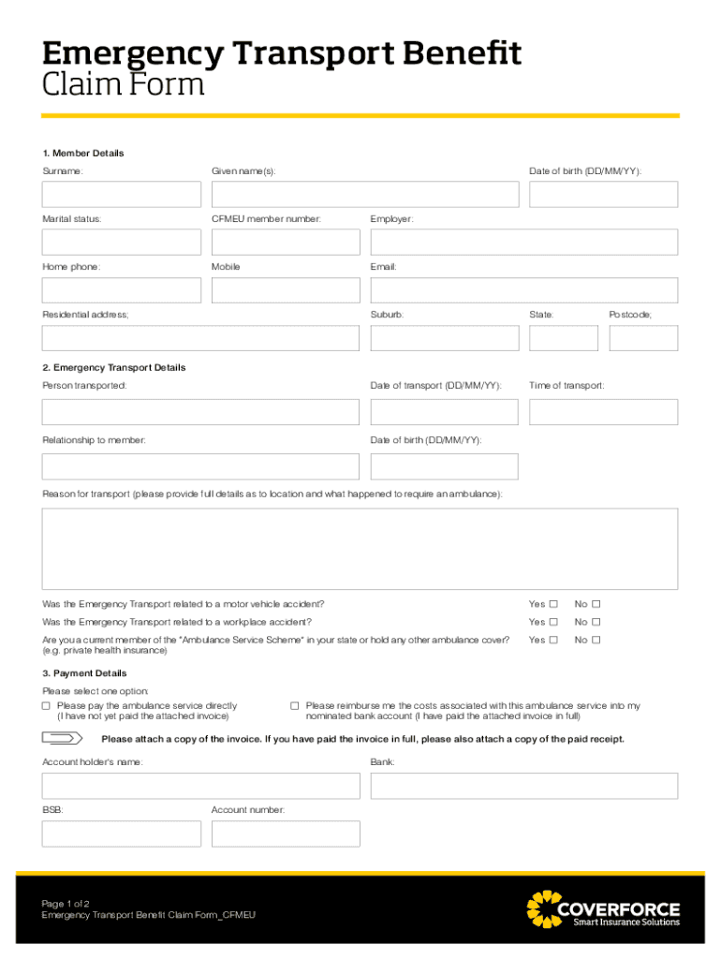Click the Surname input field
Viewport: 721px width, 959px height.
(x=121, y=194)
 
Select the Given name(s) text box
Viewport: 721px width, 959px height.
(x=364, y=194)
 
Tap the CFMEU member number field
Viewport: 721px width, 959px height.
(x=285, y=242)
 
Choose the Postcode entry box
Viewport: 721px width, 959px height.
(x=642, y=338)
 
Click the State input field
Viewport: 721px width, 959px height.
(x=563, y=338)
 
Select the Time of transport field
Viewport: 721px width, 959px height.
(x=603, y=412)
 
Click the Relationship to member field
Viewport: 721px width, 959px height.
(x=200, y=466)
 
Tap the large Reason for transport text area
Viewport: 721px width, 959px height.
(x=360, y=549)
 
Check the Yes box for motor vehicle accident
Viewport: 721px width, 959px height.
(x=553, y=604)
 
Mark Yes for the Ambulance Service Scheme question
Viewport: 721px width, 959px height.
(x=553, y=641)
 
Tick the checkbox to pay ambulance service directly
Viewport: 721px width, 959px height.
(x=47, y=706)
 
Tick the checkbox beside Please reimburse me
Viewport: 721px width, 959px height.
(x=294, y=706)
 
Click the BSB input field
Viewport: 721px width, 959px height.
(x=121, y=834)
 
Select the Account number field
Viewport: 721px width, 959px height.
(x=285, y=834)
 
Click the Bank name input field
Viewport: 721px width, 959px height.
(x=523, y=786)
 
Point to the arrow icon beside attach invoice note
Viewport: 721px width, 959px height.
(x=63, y=738)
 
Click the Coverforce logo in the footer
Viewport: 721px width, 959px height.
(x=603, y=909)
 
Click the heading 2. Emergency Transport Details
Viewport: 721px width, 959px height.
(x=113, y=368)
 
